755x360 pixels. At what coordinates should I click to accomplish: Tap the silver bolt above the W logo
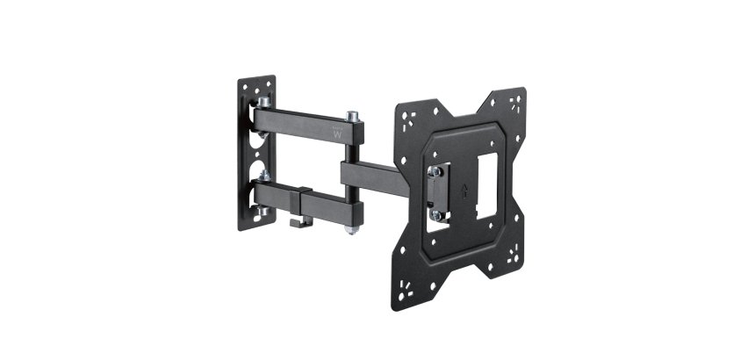click(352, 115)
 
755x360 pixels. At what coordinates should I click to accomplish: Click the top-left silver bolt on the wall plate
click(263, 102)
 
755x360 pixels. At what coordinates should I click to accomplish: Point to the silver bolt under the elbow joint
click(349, 229)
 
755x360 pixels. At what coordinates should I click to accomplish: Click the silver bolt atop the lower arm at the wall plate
click(264, 175)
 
